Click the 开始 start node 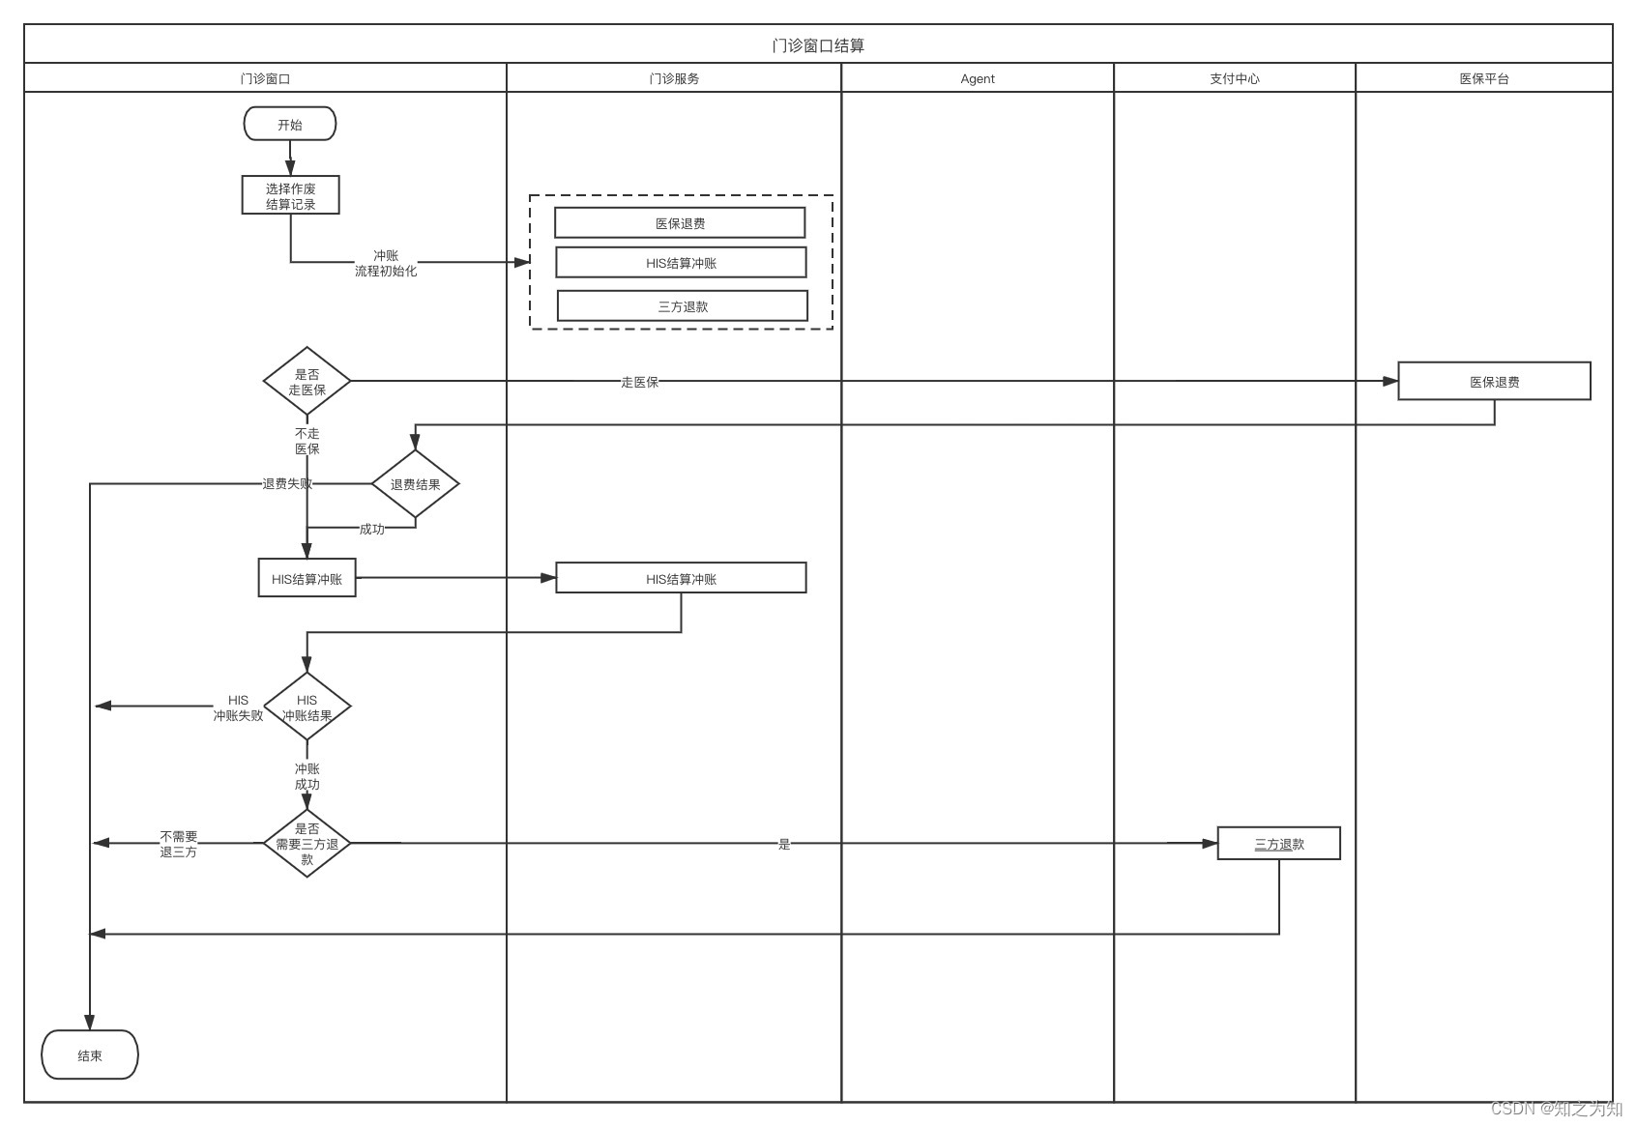click(x=290, y=125)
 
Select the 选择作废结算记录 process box click(x=290, y=195)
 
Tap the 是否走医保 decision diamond click(x=307, y=382)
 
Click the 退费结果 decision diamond click(x=415, y=484)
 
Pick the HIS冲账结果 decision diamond click(x=307, y=707)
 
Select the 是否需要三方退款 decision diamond click(x=307, y=844)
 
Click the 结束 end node click(x=90, y=1055)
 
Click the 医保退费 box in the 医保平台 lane click(x=1494, y=382)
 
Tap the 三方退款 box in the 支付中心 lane click(x=1278, y=844)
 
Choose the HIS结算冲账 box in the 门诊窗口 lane click(x=307, y=579)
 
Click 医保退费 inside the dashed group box click(x=680, y=223)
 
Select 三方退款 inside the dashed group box click(x=683, y=306)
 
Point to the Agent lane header click(x=977, y=78)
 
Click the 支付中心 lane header click(x=1234, y=78)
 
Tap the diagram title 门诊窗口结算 click(x=818, y=45)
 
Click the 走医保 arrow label click(x=639, y=382)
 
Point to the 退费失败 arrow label click(x=287, y=483)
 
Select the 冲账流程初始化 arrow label click(x=385, y=263)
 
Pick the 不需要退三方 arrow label click(x=179, y=844)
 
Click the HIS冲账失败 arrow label click(x=238, y=707)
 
